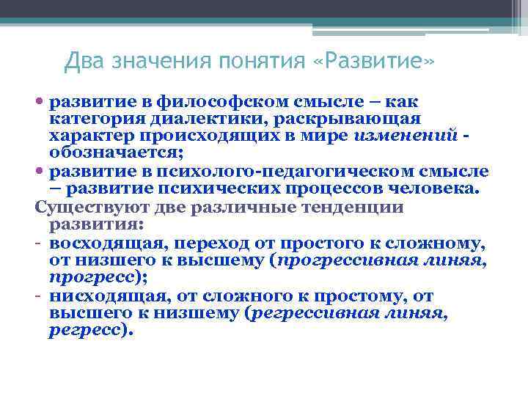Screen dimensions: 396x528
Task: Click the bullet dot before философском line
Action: (40, 101)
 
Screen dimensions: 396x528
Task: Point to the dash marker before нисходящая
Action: (38, 296)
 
